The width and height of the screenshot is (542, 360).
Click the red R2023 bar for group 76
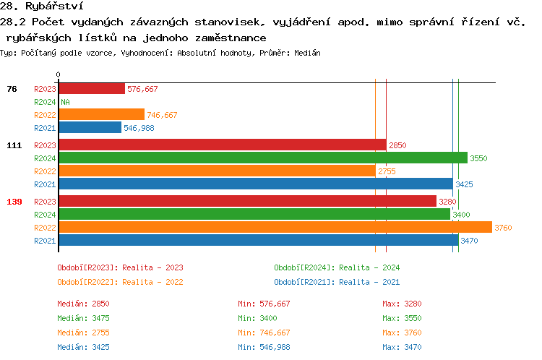pos(91,89)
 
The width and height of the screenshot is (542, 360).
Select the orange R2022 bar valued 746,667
pos(101,115)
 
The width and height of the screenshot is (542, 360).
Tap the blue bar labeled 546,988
pos(90,128)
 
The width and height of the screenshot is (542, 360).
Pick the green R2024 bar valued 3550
pos(262,158)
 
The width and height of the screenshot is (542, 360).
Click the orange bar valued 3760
pos(275,228)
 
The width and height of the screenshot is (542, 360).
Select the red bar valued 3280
pos(247,202)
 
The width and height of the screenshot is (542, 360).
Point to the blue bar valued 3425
pos(255,184)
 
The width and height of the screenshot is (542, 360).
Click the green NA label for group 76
pos(65,102)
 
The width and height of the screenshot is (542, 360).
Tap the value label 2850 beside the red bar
pos(397,145)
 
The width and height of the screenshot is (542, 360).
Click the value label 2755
pos(387,171)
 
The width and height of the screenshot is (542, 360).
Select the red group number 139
pos(14,202)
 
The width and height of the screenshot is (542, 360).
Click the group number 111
pos(14,145)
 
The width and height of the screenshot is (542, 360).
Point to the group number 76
pos(12,89)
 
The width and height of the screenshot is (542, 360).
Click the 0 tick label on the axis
pos(58,74)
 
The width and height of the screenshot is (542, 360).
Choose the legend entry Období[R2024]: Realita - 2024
pos(337,267)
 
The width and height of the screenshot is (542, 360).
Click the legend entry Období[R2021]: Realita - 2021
pos(337,282)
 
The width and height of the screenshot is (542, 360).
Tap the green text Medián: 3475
pos(83,318)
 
